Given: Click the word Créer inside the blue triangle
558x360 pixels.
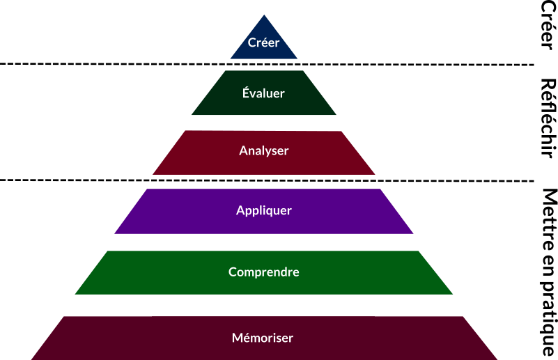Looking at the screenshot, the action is click(264, 42).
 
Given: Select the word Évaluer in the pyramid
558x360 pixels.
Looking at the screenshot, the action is click(263, 93).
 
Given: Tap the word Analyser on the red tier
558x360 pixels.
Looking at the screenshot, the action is click(264, 151).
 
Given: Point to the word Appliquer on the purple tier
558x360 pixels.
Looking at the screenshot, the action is click(264, 210).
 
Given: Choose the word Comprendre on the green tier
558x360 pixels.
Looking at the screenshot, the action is click(264, 272).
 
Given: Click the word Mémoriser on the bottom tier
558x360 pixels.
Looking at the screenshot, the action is click(263, 338).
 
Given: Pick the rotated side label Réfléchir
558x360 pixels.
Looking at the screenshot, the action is click(548, 118).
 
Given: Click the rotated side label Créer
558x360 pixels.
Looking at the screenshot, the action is click(548, 25).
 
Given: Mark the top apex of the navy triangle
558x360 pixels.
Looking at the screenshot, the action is click(264, 15).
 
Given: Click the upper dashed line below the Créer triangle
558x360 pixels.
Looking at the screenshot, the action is click(267, 64).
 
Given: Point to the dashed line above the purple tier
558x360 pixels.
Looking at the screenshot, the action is click(267, 181).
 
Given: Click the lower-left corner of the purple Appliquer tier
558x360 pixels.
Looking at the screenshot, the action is click(114, 233).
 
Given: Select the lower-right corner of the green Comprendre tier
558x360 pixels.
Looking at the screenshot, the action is click(452, 294).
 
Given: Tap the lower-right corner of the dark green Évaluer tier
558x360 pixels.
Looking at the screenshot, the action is click(336, 114).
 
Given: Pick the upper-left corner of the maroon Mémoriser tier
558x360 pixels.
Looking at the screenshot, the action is click(64, 317).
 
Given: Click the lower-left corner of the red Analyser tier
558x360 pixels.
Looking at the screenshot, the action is click(153, 174).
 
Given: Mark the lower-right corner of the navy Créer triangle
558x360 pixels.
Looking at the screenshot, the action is click(297, 58).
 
